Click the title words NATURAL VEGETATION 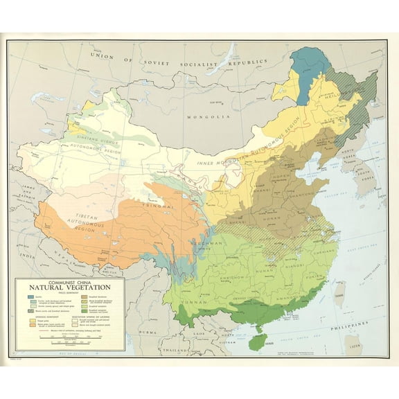click(69, 290)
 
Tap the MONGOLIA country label click(208, 117)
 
